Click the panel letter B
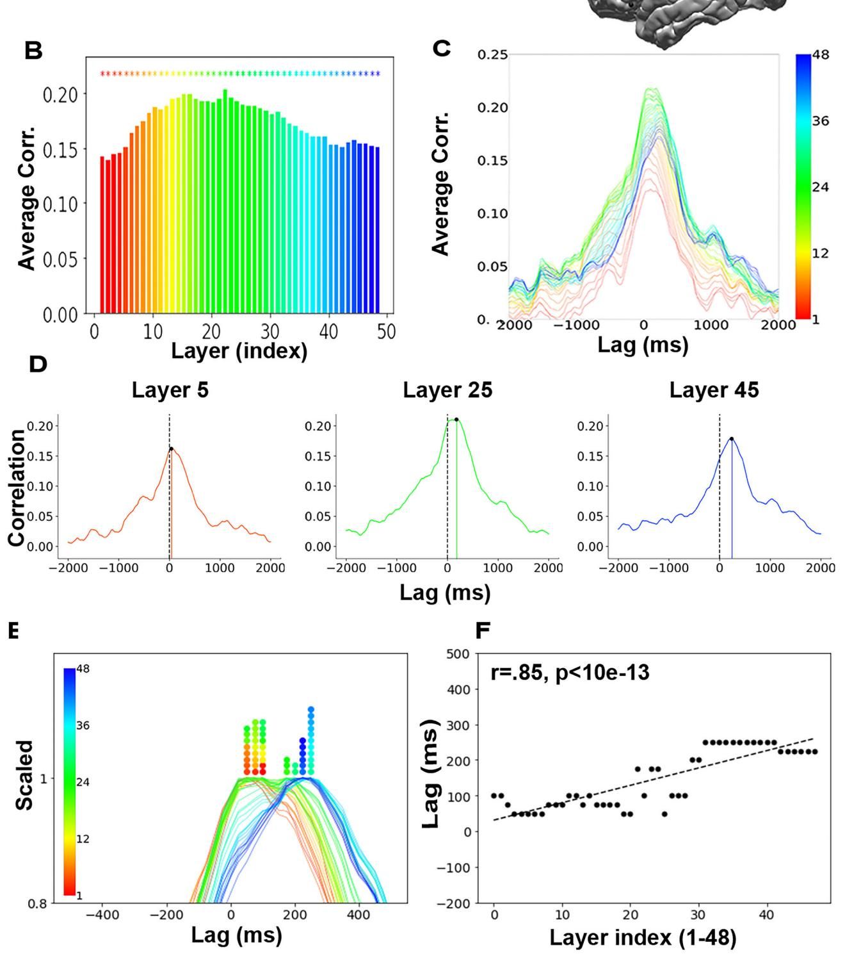(x=33, y=51)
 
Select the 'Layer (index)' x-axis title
(x=239, y=351)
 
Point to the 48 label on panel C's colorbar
(x=821, y=55)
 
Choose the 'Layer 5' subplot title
(x=170, y=390)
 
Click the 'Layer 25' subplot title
(x=447, y=390)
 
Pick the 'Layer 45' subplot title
(x=714, y=390)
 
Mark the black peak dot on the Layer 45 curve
(x=732, y=439)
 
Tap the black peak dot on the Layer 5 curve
(x=172, y=448)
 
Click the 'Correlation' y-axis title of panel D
(x=17, y=488)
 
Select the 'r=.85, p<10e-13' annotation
(x=570, y=673)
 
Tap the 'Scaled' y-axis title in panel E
(x=24, y=775)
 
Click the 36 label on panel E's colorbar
(x=83, y=726)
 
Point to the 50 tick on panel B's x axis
(x=387, y=332)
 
